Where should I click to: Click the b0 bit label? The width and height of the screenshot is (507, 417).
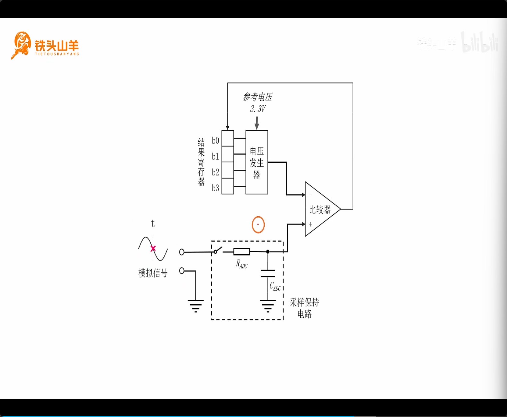pyautogui.click(x=215, y=140)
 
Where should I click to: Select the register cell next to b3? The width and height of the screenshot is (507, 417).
pyautogui.click(x=227, y=186)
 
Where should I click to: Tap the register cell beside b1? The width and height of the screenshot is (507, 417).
pyautogui.click(x=227, y=154)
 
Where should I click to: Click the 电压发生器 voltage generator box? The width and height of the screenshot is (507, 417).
pyautogui.click(x=257, y=162)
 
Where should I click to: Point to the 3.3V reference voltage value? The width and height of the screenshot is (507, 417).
pyautogui.click(x=258, y=109)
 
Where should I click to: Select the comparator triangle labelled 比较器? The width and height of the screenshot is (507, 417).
pyautogui.click(x=320, y=209)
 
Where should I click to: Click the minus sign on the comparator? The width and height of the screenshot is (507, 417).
pyautogui.click(x=310, y=195)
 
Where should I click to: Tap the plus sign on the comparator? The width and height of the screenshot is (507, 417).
pyautogui.click(x=310, y=224)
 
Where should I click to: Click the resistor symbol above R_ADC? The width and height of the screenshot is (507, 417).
pyautogui.click(x=241, y=252)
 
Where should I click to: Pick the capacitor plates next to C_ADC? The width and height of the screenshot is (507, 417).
pyautogui.click(x=268, y=273)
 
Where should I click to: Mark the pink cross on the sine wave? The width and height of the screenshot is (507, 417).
pyautogui.click(x=153, y=249)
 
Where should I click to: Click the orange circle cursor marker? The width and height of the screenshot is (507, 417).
pyautogui.click(x=258, y=225)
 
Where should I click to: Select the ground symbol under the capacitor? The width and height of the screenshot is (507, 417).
pyautogui.click(x=268, y=306)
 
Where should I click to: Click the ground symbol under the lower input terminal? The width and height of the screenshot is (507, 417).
pyautogui.click(x=195, y=306)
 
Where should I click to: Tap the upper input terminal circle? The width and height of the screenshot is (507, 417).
pyautogui.click(x=182, y=252)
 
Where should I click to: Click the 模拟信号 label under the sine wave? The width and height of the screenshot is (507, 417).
pyautogui.click(x=153, y=273)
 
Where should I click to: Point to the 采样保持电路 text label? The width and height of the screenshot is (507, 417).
pyautogui.click(x=304, y=308)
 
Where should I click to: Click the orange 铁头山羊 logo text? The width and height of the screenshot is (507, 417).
pyautogui.click(x=57, y=46)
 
